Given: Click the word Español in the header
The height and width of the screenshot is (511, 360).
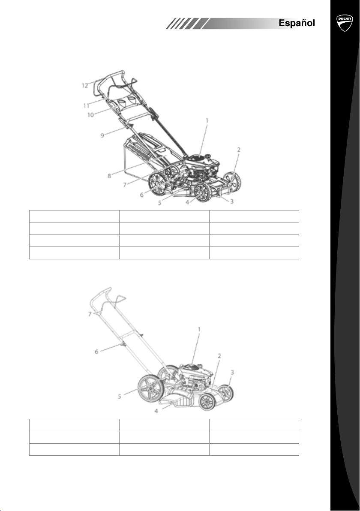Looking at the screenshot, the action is click(297, 23).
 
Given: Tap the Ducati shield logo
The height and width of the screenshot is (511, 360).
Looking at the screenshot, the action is click(345, 23).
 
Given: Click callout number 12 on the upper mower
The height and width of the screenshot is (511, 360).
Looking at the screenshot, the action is click(85, 86).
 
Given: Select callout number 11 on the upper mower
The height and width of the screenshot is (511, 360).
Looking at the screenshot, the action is click(86, 105).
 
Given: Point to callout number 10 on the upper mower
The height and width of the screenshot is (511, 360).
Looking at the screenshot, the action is click(90, 115).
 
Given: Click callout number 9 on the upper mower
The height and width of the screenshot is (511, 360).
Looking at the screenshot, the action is click(102, 135).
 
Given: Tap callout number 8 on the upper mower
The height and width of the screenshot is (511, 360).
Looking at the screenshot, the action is click(109, 176).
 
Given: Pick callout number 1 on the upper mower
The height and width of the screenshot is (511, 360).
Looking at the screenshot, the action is click(207, 120).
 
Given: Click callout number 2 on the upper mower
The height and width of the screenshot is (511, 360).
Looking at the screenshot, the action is click(239, 150).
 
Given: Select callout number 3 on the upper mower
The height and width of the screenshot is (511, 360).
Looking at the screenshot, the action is click(231, 201).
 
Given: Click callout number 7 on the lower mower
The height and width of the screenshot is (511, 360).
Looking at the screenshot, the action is click(90, 314).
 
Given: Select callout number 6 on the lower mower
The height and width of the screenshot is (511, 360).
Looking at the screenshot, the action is click(96, 352).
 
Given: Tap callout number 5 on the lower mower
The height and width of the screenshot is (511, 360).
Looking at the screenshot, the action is click(120, 397).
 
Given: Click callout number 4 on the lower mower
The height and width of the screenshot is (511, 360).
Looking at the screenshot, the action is click(156, 411).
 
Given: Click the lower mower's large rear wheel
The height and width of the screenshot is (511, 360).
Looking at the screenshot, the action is click(151, 389).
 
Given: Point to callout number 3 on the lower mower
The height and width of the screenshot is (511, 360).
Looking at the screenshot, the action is click(232, 372).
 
